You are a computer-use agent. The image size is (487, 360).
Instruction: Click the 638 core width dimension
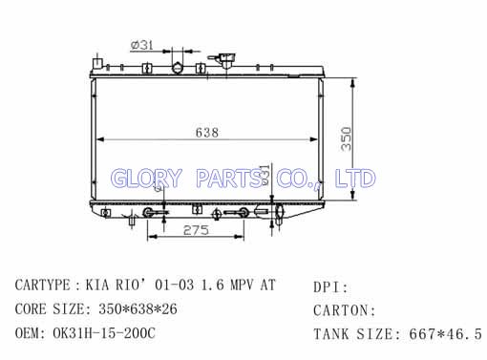click(207, 132)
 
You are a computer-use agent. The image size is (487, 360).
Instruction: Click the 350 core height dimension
click(346, 139)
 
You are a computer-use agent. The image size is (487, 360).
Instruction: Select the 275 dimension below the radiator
click(196, 230)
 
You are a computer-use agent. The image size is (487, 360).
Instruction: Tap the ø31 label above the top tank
click(142, 45)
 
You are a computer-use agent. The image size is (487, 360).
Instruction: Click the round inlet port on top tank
click(177, 68)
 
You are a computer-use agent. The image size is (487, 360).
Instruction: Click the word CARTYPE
click(43, 285)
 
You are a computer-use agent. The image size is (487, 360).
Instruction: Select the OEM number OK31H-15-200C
click(104, 333)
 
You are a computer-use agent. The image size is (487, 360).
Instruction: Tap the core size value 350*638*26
click(138, 309)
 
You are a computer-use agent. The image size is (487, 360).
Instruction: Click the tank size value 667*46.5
click(445, 334)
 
